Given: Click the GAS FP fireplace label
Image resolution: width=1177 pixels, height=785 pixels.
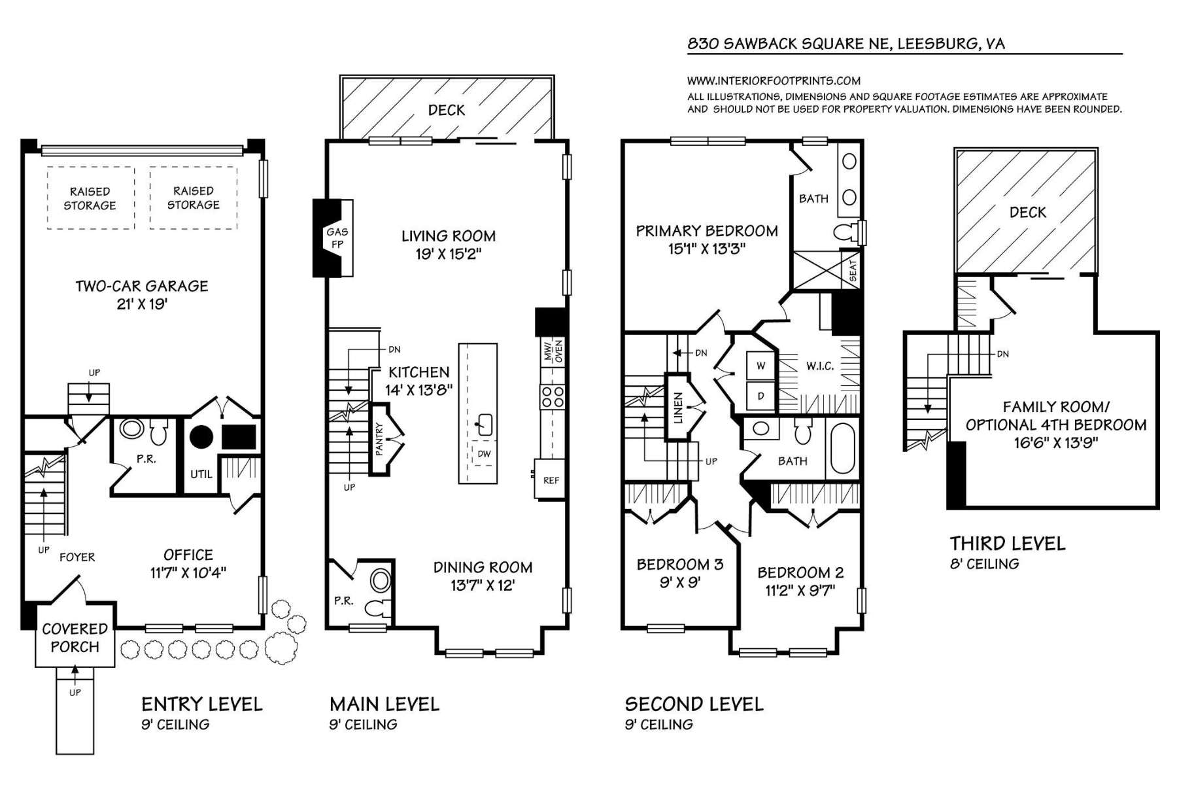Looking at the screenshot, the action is pos(337,238).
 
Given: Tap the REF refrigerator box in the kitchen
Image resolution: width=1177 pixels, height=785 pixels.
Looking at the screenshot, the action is pos(550,480).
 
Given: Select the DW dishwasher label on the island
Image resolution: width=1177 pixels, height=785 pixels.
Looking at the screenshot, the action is pos(484,453).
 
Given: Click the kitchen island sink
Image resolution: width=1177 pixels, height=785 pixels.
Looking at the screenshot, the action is pos(484,424).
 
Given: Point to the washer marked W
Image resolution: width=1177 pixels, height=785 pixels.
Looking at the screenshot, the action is pos(760,366).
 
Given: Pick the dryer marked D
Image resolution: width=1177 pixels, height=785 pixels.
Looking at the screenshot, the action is pos(760,396).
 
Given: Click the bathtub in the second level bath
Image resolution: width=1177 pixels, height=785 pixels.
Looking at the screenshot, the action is pos(842,448).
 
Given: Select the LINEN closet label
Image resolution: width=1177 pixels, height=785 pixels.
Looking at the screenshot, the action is pos(678,408).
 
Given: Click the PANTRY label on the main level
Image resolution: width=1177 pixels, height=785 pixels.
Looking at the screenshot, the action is pos(379,438).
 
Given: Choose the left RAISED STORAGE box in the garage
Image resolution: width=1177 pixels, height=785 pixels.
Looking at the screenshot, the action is pos(90,198).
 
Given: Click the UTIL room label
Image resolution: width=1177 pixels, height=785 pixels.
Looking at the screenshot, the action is pos(201,474).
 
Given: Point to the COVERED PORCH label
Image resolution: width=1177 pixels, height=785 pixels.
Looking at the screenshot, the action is pos(75,638).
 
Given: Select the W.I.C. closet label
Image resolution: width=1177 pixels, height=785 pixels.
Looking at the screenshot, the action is pos(820,366).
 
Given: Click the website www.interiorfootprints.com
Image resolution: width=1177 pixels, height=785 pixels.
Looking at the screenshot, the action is pos(774,81).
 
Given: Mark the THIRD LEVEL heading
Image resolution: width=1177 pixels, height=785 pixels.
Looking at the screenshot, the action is pos(1008,544).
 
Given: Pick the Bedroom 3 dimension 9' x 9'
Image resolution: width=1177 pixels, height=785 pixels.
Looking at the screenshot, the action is pos(680,582).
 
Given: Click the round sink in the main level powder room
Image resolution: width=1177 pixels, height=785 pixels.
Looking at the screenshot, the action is pos(380,580).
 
